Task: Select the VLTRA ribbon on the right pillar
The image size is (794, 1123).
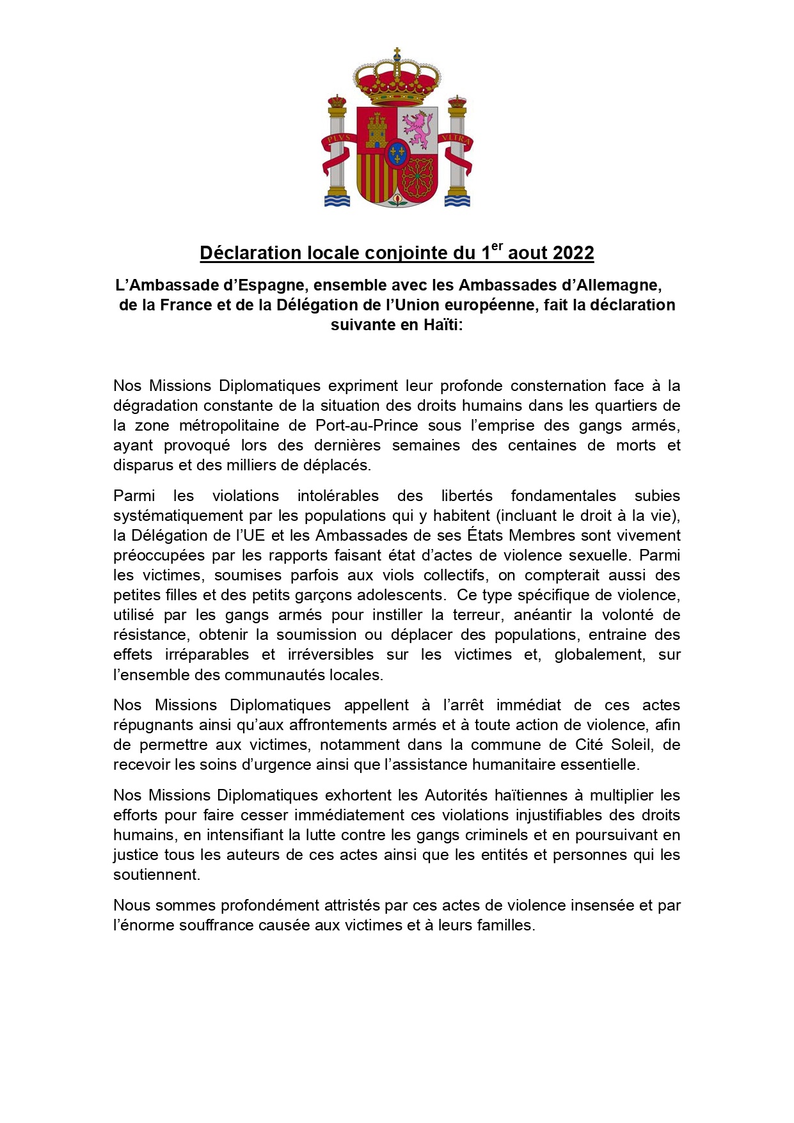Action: coord(456,139)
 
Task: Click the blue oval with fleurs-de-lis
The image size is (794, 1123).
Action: coord(397,154)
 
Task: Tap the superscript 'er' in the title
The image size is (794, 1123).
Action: coord(497,246)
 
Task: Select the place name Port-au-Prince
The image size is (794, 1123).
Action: coord(367,426)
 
